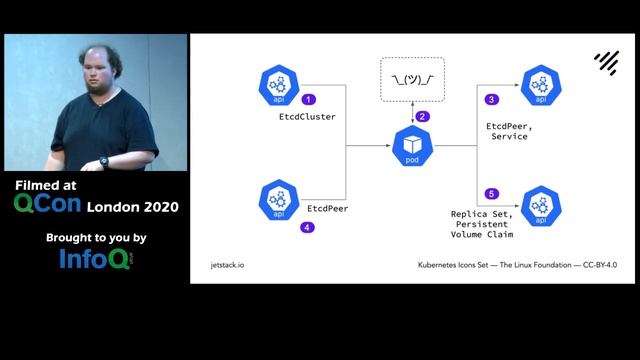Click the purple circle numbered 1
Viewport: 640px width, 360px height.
click(x=309, y=99)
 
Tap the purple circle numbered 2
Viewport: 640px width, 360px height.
click(x=422, y=116)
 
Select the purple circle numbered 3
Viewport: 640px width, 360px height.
click(x=491, y=100)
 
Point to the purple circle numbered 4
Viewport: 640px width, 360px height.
click(x=308, y=227)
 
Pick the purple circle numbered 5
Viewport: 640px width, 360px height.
click(x=491, y=193)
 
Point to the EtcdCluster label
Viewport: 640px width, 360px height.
click(x=307, y=117)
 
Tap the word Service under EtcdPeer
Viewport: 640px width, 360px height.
click(x=509, y=136)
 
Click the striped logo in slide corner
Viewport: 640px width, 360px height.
click(x=606, y=62)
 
